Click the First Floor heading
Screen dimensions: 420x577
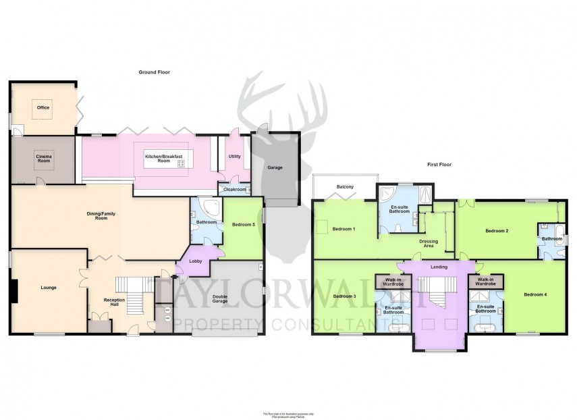coord(438,165)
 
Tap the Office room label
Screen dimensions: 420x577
coord(43,107)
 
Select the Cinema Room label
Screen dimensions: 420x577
coord(44,159)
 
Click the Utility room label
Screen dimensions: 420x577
coord(234,156)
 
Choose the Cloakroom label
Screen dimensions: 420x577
coord(233,190)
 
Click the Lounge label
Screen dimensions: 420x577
coord(48,288)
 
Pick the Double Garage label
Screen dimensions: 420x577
coord(220,300)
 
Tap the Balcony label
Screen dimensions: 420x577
coord(345,187)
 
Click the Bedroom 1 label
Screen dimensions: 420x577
coord(345,229)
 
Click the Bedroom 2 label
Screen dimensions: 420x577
coord(497,231)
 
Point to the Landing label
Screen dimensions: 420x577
coord(439,267)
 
